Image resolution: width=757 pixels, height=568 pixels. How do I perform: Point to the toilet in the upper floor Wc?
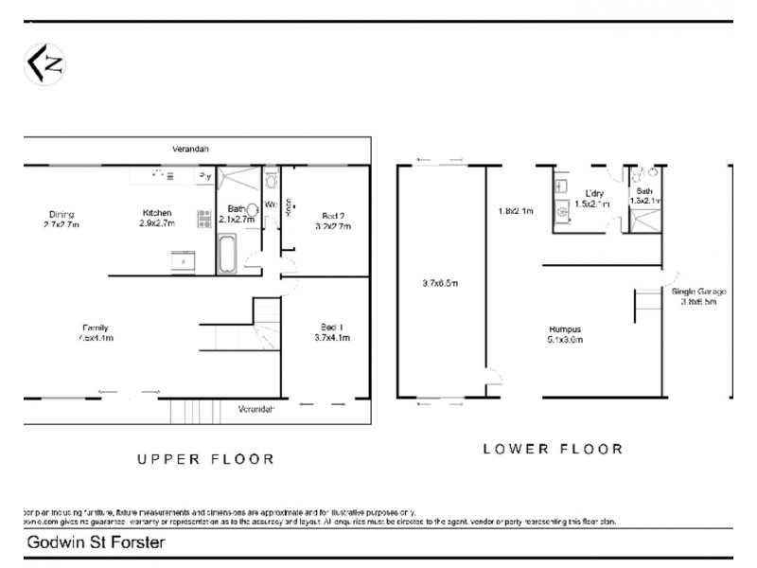click(x=271, y=180)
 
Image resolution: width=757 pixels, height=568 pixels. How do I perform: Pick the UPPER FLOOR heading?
click(x=205, y=459)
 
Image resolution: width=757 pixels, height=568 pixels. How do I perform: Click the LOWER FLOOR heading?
click(x=554, y=449)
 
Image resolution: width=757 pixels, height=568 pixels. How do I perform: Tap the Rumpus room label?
click(x=566, y=334)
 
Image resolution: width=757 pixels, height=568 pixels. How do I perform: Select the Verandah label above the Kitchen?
click(x=190, y=150)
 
